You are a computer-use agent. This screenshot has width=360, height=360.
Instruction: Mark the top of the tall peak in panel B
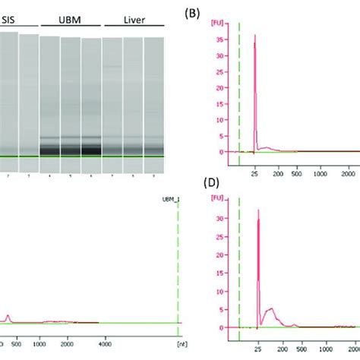point(254,35)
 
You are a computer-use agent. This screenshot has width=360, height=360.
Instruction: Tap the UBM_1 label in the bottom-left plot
point(169,198)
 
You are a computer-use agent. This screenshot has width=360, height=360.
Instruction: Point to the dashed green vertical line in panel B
point(239,91)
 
